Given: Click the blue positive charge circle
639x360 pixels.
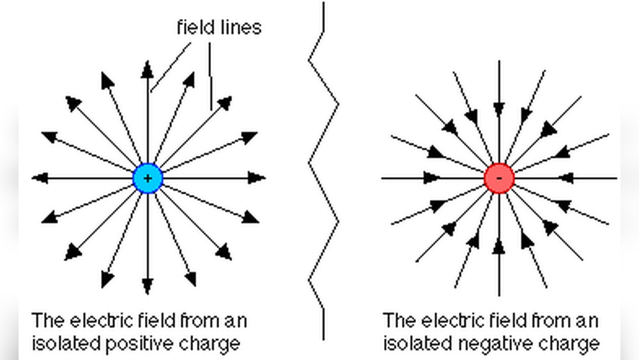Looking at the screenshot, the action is click(x=148, y=178).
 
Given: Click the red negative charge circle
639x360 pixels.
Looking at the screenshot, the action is click(x=499, y=178).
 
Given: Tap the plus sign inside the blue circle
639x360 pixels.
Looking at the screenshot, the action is click(x=148, y=178).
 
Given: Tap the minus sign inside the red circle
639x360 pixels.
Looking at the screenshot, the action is click(x=500, y=178).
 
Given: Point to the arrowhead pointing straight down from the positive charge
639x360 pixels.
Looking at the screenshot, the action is click(x=148, y=285).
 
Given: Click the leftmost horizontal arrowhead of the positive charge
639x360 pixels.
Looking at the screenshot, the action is click(x=40, y=178).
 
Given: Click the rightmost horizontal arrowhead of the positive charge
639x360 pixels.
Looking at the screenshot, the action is click(x=257, y=178).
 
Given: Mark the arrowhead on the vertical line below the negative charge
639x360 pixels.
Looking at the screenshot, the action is click(x=499, y=247).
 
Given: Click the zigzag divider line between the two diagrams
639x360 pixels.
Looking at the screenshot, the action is click(x=323, y=163).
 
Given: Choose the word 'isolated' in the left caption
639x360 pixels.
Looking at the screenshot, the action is click(x=66, y=343).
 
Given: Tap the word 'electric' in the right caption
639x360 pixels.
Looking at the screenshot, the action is click(x=452, y=320).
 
